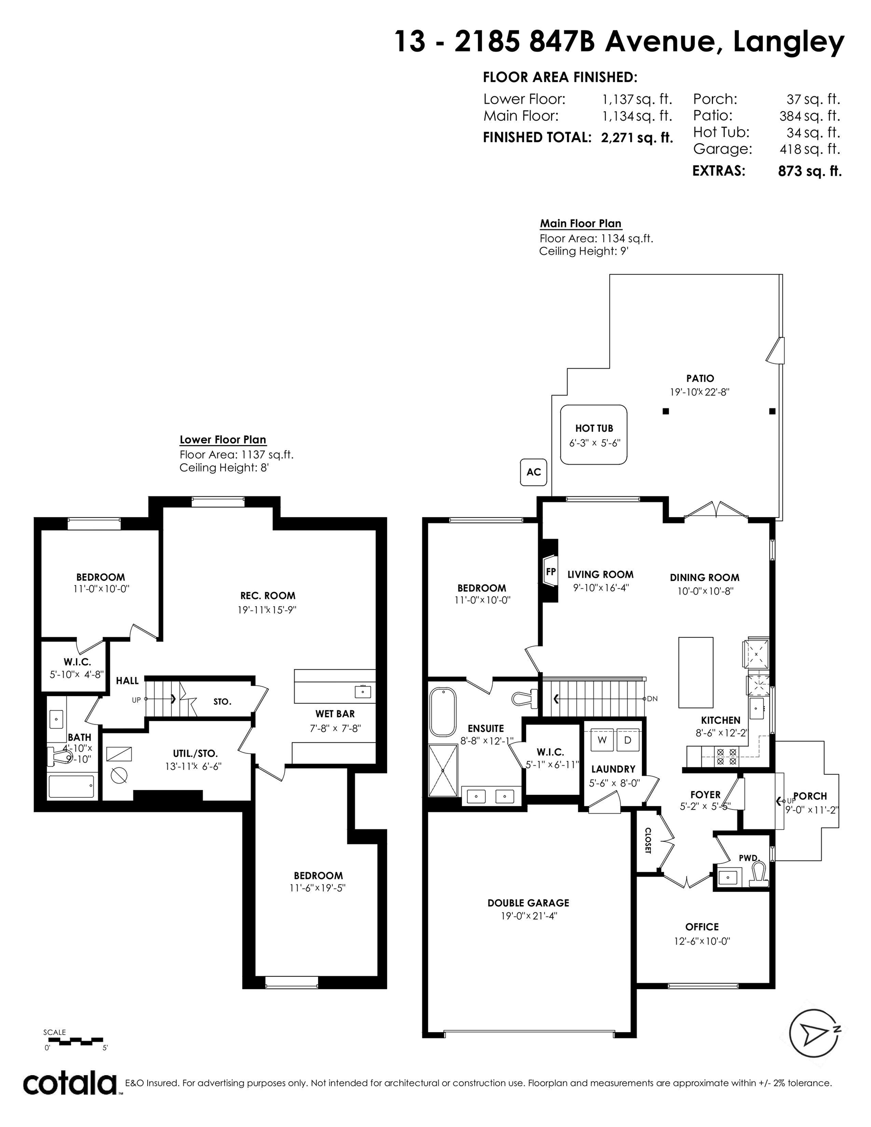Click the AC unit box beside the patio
click(534, 472)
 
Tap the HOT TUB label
click(594, 428)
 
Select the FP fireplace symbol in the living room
click(550, 571)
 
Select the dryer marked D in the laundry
click(628, 740)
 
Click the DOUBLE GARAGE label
click(528, 902)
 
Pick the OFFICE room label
click(702, 927)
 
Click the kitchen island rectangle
click(696, 672)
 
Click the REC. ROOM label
click(268, 595)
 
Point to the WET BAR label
click(335, 714)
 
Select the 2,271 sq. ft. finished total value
click(637, 138)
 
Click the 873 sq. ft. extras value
click(809, 171)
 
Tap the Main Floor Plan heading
click(581, 224)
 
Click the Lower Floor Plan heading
click(223, 440)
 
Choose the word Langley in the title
click(788, 43)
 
